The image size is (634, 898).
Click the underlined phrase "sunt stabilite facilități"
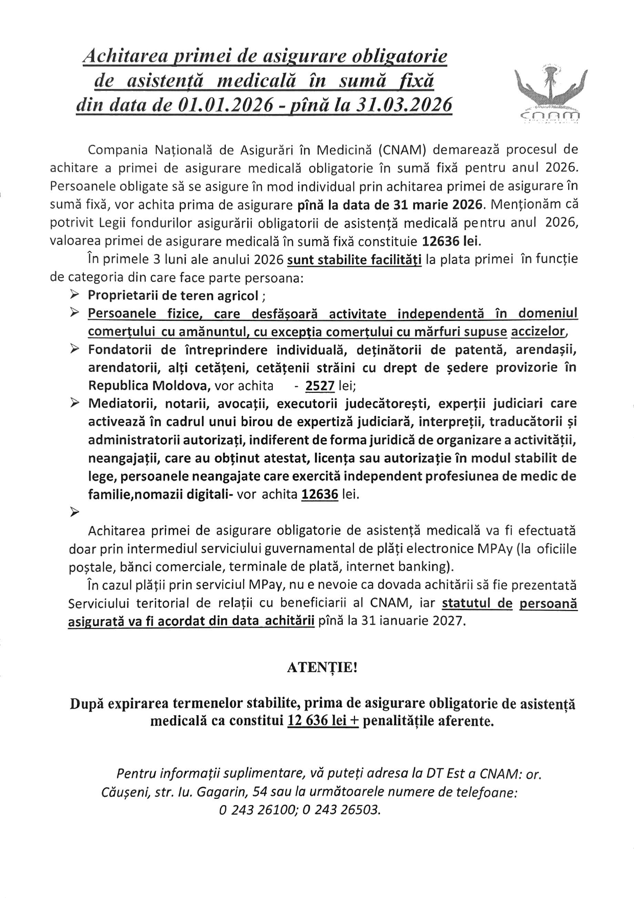tap(355, 260)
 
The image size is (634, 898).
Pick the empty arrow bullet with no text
tap(75, 511)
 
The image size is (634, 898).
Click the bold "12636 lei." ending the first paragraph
tap(451, 241)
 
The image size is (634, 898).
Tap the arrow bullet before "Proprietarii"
tap(75, 295)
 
